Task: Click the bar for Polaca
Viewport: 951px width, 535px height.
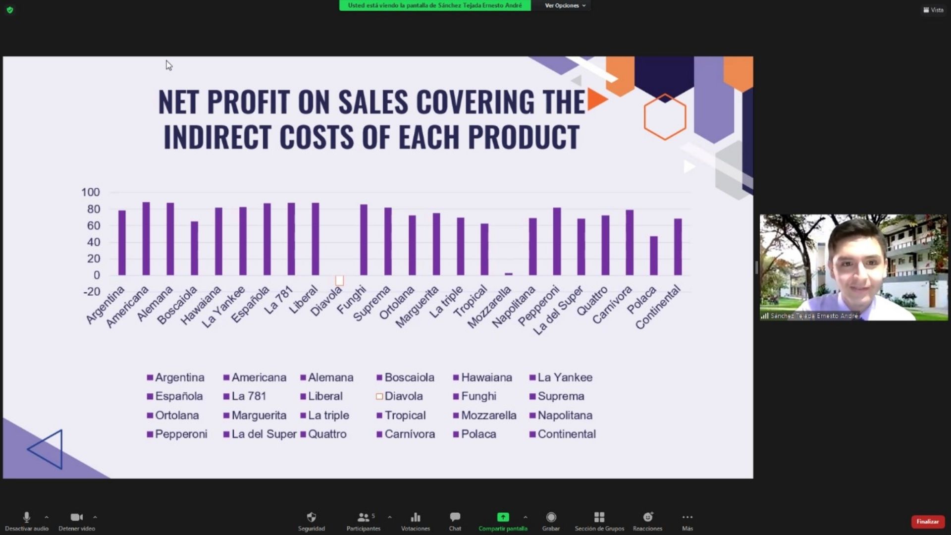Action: [654, 256]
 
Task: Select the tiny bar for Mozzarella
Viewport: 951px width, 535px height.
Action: [509, 274]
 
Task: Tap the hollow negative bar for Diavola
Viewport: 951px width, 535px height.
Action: [339, 280]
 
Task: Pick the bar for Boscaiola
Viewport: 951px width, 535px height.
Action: [195, 248]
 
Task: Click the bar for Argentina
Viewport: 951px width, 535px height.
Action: [122, 243]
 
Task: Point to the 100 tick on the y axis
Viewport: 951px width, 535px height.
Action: [91, 192]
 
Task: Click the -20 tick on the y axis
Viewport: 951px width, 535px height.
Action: [92, 292]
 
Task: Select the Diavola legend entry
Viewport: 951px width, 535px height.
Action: [399, 396]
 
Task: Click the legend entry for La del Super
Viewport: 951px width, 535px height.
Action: [260, 434]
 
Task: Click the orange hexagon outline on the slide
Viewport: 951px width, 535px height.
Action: [665, 117]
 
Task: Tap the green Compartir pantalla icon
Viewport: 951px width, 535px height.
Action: [503, 517]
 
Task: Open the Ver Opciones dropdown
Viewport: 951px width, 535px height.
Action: [565, 5]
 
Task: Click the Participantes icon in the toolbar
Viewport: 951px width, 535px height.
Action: [363, 517]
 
